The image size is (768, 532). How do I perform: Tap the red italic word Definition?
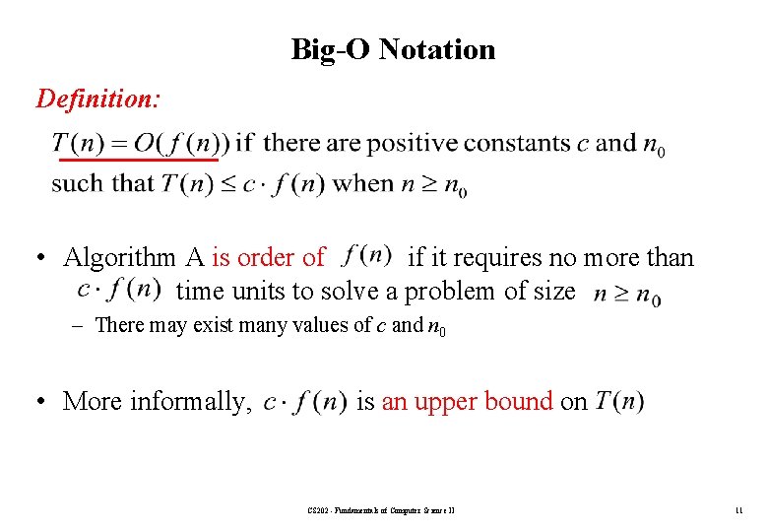tap(98, 99)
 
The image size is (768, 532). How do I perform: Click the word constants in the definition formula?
tap(517, 144)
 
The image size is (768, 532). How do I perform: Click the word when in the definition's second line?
tap(364, 184)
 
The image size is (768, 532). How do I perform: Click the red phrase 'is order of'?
tap(268, 258)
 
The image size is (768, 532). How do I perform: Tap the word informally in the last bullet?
tap(192, 402)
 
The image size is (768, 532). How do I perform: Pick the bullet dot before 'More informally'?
tap(44, 402)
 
